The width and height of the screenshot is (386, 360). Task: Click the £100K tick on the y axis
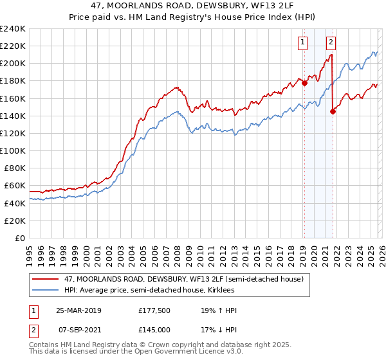point(13,150)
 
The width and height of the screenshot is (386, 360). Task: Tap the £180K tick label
point(13,81)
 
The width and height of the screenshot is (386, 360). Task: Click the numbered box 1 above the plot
point(302,43)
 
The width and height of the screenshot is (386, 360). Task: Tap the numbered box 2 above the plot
point(331,43)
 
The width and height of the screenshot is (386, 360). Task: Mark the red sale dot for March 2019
point(304,83)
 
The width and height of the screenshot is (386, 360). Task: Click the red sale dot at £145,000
point(333,111)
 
